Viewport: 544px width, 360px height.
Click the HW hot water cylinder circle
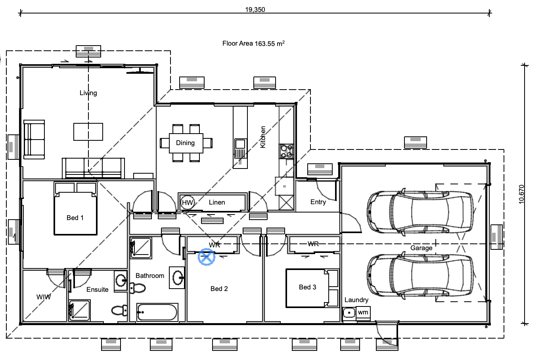pyautogui.click(x=188, y=202)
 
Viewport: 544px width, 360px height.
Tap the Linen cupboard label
pyautogui.click(x=217, y=202)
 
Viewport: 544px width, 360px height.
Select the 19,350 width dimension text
pyautogui.click(x=255, y=10)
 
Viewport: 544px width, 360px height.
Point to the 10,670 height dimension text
pyautogui.click(x=521, y=194)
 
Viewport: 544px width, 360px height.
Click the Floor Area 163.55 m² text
pyautogui.click(x=253, y=44)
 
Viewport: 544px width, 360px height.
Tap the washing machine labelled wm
pyautogui.click(x=363, y=312)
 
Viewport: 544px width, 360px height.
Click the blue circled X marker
pyautogui.click(x=207, y=257)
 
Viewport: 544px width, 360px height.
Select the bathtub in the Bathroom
pyautogui.click(x=157, y=312)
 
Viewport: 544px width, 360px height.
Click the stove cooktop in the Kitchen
pyautogui.click(x=286, y=151)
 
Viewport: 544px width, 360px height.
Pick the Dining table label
pyautogui.click(x=185, y=143)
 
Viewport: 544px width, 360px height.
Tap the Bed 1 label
pyautogui.click(x=75, y=218)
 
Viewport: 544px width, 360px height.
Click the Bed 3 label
pyautogui.click(x=307, y=287)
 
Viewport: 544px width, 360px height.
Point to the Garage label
pyautogui.click(x=421, y=248)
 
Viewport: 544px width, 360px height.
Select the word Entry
pyautogui.click(x=318, y=202)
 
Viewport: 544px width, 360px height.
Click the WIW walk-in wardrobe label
pyautogui.click(x=44, y=297)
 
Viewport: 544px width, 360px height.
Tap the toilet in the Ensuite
pyautogui.click(x=119, y=310)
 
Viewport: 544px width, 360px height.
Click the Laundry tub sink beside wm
pyautogui.click(x=349, y=313)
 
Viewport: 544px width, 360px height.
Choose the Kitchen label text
pyautogui.click(x=263, y=137)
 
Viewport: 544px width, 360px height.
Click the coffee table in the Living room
pyautogui.click(x=88, y=132)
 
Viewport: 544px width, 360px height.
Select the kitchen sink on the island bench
pyautogui.click(x=240, y=148)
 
